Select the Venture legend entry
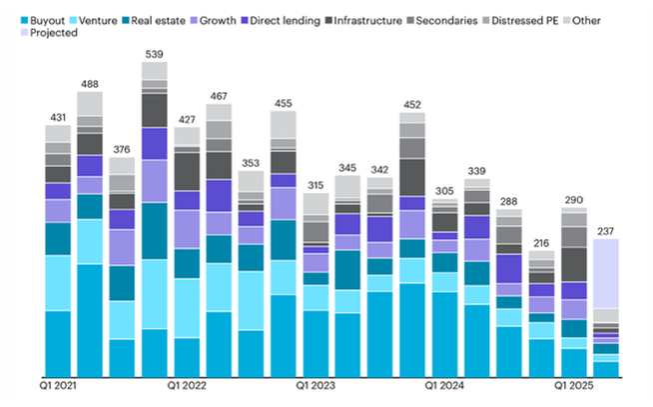[100, 19]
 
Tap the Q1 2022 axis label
[187, 385]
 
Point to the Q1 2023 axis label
[315, 385]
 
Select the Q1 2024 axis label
[444, 385]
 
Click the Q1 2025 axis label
[574, 385]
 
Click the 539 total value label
[154, 54]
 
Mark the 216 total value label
[542, 242]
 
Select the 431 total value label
[58, 117]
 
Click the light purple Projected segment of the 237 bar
[606, 273]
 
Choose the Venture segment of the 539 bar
[154, 294]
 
